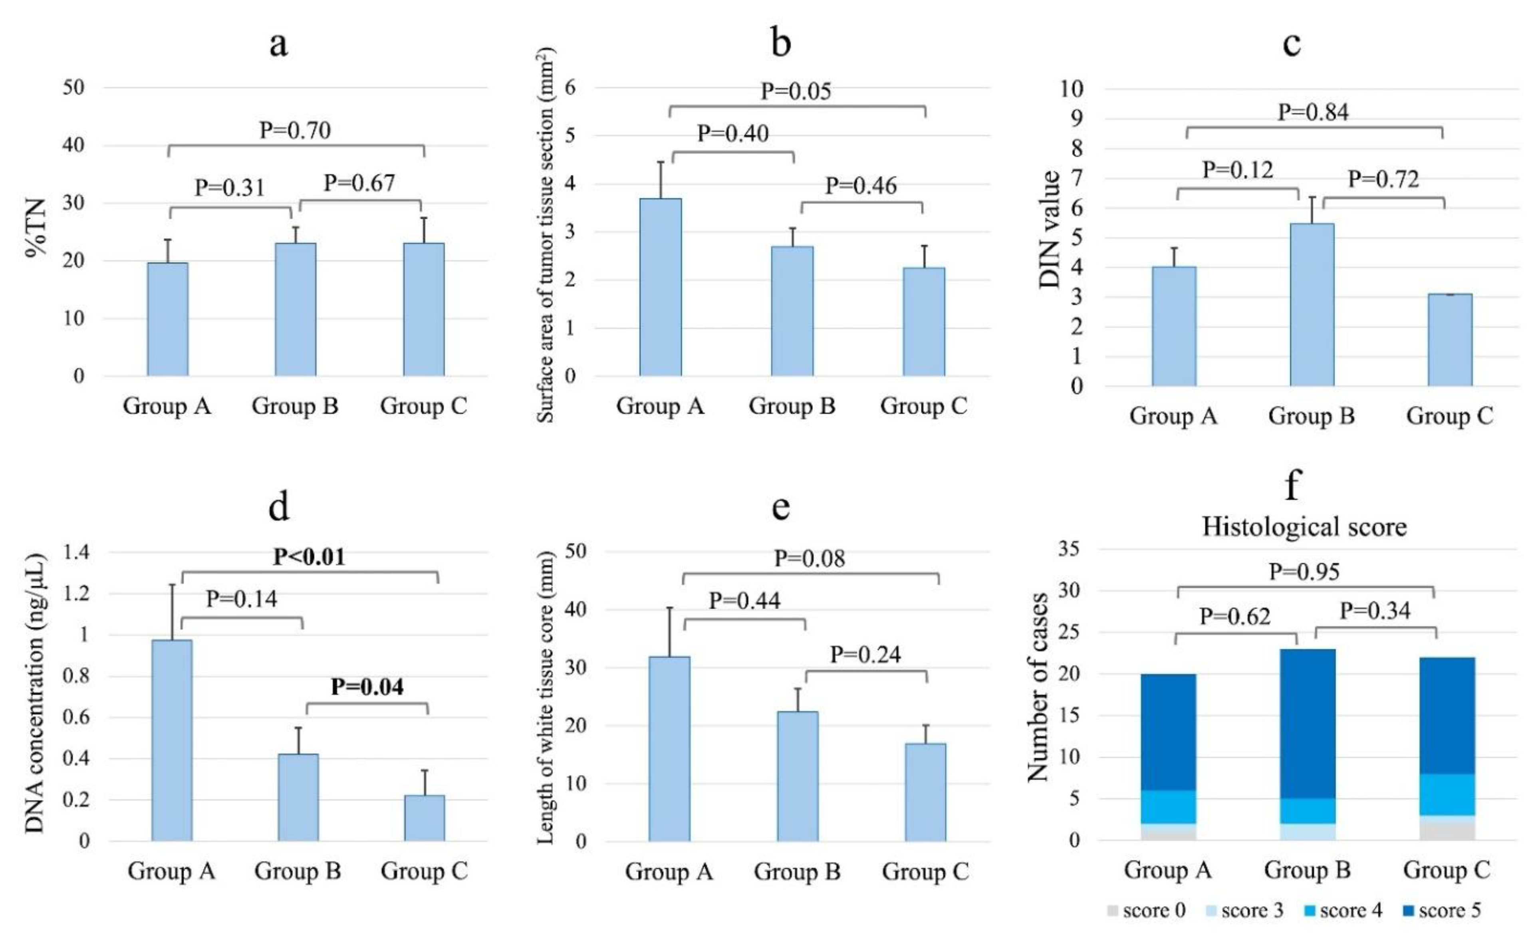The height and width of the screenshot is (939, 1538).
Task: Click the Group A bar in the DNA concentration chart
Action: click(172, 740)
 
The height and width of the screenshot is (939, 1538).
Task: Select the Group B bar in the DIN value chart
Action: click(1312, 305)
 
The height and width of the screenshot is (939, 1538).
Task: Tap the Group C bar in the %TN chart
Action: click(424, 310)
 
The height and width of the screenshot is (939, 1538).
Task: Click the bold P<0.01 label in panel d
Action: click(310, 556)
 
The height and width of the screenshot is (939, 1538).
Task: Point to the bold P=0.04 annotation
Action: click(367, 687)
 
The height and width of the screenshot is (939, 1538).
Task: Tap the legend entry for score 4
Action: click(1343, 910)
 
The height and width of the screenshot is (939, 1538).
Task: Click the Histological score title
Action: click(1304, 526)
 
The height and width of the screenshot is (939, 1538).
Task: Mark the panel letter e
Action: click(781, 507)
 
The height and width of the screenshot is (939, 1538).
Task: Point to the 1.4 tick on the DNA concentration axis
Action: click(76, 552)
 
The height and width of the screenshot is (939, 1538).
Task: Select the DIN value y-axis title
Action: click(1050, 229)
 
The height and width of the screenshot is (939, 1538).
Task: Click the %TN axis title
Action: click(36, 228)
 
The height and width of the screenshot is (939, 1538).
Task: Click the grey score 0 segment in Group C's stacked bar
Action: click(1447, 832)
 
